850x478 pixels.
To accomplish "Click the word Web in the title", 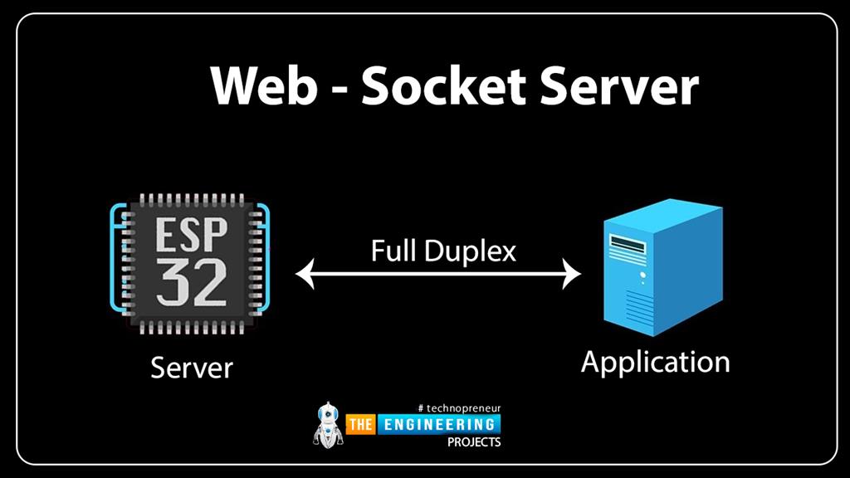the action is point(263,85).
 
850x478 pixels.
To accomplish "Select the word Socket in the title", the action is point(443,85).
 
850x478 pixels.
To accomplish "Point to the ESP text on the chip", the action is point(191,235).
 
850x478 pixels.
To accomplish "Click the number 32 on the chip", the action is point(192,283).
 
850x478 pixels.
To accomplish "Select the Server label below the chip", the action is point(192,368).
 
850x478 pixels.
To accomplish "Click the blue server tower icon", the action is point(663,267).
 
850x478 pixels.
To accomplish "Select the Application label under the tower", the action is point(656,363).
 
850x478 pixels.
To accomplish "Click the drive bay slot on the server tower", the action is point(628,244).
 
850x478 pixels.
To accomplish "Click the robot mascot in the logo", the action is point(328,425).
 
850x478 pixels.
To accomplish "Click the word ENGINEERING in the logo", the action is point(439,424).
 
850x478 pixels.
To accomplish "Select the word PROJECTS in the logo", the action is point(474,442).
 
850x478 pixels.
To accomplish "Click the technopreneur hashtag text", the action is point(460,408).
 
